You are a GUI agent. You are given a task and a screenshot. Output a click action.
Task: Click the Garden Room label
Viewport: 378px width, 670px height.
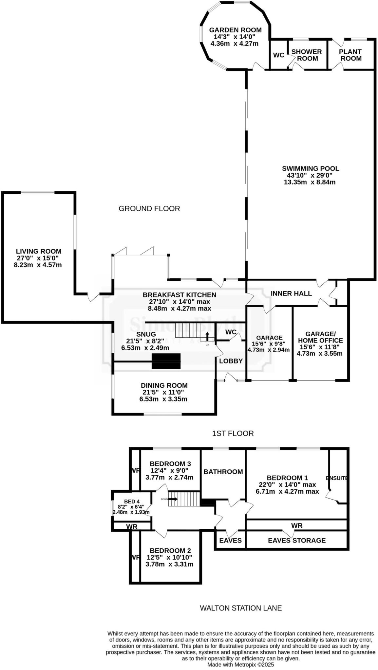click(x=235, y=30)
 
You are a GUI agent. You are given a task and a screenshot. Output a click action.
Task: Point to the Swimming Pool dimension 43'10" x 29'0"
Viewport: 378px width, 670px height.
click(x=310, y=175)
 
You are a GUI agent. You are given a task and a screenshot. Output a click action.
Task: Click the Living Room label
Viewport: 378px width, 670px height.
click(x=39, y=251)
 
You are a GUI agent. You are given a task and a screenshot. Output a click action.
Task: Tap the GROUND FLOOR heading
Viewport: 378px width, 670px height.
click(x=149, y=209)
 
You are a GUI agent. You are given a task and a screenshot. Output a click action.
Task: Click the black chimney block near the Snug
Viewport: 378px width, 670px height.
click(x=166, y=361)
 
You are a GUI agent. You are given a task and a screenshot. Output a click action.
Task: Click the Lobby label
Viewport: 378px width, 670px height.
click(x=231, y=361)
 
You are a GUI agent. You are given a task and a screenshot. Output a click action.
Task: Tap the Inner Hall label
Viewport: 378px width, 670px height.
click(x=291, y=293)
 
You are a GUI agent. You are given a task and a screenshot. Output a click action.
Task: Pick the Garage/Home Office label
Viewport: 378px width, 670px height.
click(x=320, y=337)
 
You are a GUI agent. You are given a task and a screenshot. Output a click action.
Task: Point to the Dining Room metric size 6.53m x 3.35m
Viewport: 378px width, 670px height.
click(x=163, y=399)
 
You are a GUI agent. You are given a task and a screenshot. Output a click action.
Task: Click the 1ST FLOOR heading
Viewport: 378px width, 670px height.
click(x=233, y=433)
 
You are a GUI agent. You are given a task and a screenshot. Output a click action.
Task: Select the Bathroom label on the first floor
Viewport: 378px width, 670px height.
click(x=223, y=471)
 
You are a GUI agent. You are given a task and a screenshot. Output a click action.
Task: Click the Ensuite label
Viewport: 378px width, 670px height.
click(x=337, y=478)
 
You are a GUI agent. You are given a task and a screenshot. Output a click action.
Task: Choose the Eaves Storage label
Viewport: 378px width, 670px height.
click(x=297, y=540)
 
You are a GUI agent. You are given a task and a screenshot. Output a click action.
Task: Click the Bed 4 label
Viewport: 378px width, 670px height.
click(x=132, y=501)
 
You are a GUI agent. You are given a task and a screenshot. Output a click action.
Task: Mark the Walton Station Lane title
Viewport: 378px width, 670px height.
click(x=241, y=608)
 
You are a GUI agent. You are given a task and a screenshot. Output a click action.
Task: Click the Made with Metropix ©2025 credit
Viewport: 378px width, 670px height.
click(x=240, y=665)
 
